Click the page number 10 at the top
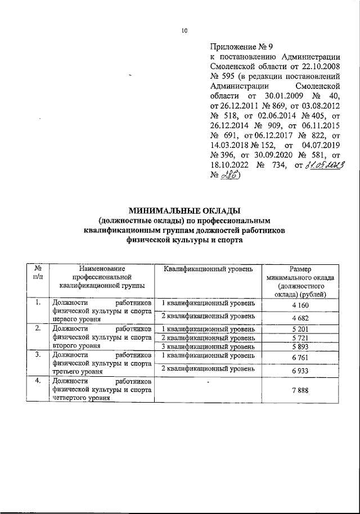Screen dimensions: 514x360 184,31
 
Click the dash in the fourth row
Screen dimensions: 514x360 208,383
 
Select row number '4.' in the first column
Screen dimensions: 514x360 38,382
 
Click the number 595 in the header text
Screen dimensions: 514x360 229,76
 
